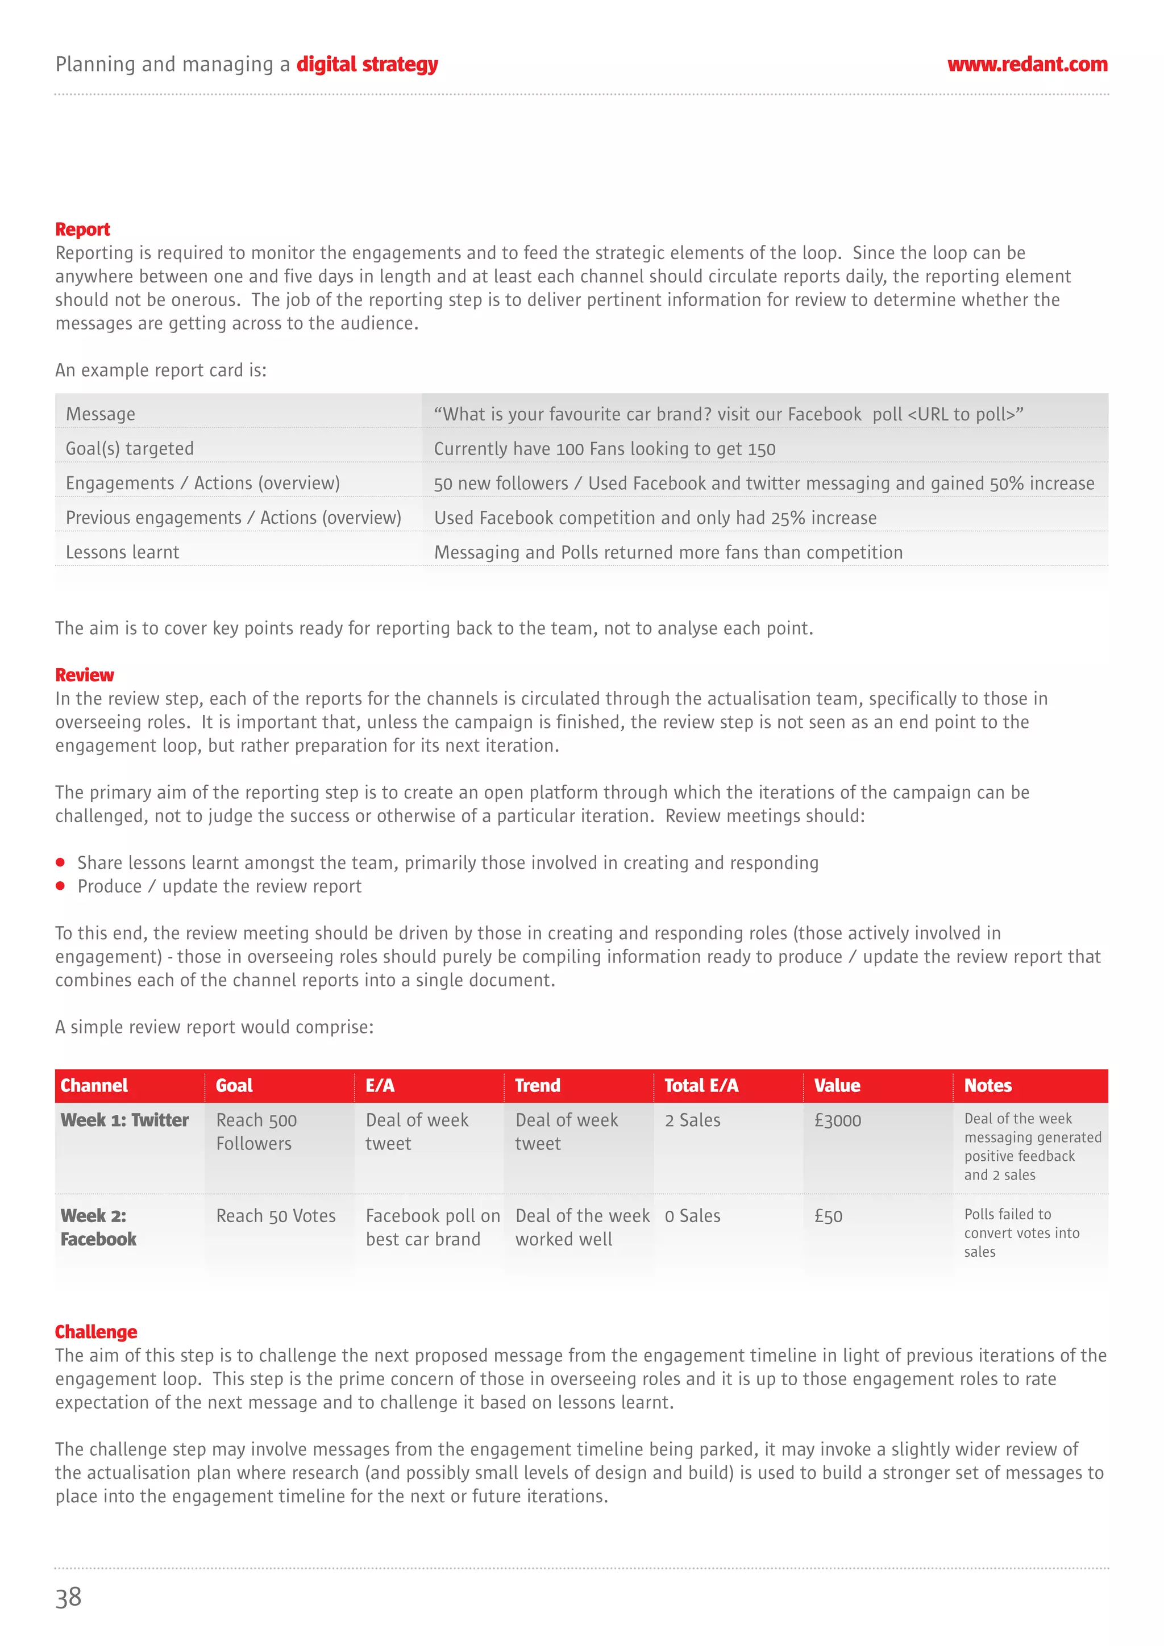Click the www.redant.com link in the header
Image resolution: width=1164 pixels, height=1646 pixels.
1026,65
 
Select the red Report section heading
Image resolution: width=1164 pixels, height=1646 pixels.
82,230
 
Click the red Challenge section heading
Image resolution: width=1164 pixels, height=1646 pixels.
96,1331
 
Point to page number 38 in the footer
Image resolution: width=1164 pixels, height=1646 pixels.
69,1597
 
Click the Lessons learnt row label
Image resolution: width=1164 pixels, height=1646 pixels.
123,552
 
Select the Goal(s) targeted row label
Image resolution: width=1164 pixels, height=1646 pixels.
130,449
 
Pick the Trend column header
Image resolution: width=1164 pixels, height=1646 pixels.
537,1085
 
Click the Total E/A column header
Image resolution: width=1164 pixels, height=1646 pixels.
701,1085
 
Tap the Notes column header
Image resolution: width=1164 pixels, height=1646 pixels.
988,1085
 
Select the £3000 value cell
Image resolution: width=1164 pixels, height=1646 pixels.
837,1120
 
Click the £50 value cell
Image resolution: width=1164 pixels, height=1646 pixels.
828,1216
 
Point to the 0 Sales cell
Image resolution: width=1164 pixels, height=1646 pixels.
692,1216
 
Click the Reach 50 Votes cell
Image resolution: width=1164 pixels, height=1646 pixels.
276,1216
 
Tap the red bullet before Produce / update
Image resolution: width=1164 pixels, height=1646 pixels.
60,886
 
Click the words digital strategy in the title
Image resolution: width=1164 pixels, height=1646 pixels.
367,65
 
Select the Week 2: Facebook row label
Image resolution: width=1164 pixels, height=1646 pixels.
98,1227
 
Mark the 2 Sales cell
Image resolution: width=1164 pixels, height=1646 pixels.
692,1120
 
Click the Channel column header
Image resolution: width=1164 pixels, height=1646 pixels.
94,1085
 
